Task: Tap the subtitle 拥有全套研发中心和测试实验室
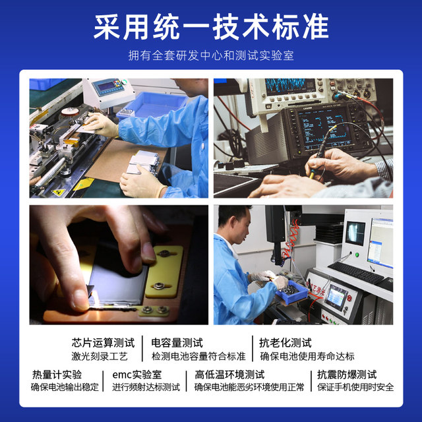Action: (211, 55)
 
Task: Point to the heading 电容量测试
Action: (177, 343)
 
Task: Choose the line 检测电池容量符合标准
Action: (198, 356)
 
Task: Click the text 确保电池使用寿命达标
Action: (307, 356)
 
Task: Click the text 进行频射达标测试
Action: (146, 387)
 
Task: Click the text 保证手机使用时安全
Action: (355, 387)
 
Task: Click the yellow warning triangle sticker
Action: (59, 191)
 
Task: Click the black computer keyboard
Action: (356, 272)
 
